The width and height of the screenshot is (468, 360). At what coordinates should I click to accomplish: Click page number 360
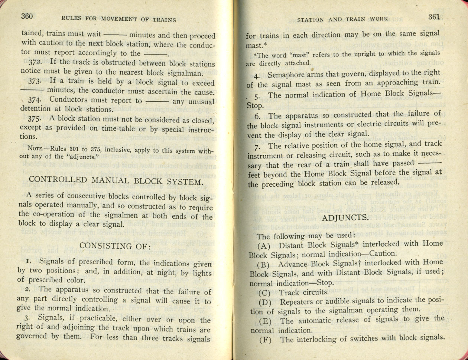[x=27, y=16]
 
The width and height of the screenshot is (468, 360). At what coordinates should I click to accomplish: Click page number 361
[x=434, y=17]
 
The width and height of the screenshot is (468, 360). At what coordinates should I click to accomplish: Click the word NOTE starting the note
[x=27, y=150]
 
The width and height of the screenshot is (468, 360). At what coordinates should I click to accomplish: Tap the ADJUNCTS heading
[x=345, y=217]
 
